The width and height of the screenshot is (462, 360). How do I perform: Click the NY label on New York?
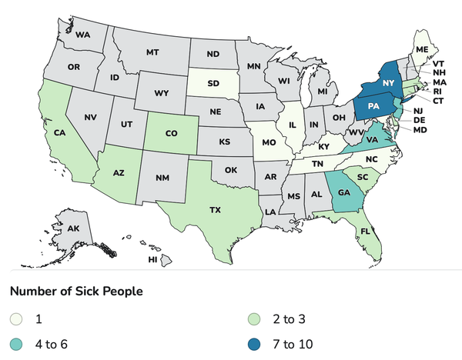click(389, 82)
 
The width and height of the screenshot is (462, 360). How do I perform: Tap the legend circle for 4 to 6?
click(16, 343)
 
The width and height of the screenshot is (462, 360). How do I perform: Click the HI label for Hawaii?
click(152, 261)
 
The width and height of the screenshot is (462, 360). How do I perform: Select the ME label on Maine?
click(421, 49)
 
